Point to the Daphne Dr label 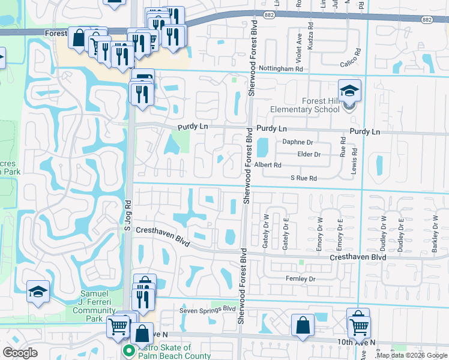coord(298,142)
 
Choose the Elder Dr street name coord(309,154)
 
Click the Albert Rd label coord(268,165)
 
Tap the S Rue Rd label coord(303,178)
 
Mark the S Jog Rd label coord(127,215)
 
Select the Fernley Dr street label coord(301,279)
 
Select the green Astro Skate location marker coord(127,350)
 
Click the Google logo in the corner coord(20,353)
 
